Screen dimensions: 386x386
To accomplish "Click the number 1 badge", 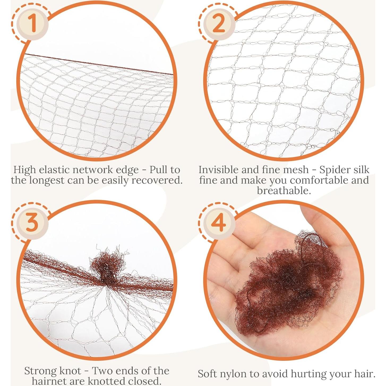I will coord(32,23).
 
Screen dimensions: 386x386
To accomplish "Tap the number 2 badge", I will coord(218,23).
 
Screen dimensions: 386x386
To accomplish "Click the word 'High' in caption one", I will coord(24,170).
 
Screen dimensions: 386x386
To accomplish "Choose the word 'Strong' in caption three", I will coord(40,371).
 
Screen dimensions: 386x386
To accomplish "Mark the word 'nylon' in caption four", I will coord(239,374).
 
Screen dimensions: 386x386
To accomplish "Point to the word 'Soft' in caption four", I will coord(207,374).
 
